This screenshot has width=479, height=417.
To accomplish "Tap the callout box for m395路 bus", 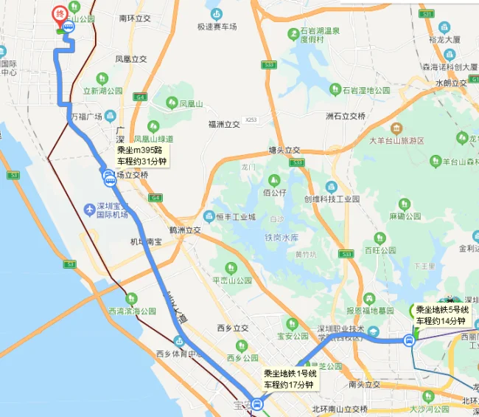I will pyautogui.click(x=142, y=156).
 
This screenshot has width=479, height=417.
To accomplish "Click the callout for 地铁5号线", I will pyautogui.click(x=441, y=315).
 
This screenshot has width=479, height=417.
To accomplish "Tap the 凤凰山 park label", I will pyautogui.click(x=189, y=105).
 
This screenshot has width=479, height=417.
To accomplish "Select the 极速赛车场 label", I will pyautogui.click(x=217, y=27).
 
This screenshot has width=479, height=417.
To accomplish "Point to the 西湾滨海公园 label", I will pyautogui.click(x=133, y=311).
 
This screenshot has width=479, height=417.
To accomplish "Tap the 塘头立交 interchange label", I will pyautogui.click(x=284, y=149).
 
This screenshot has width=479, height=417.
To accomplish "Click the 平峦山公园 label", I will pyautogui.click(x=232, y=280).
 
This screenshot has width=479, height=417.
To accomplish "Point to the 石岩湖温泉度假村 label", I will pyautogui.click(x=318, y=35).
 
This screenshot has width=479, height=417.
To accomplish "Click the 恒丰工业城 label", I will pyautogui.click(x=236, y=217).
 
